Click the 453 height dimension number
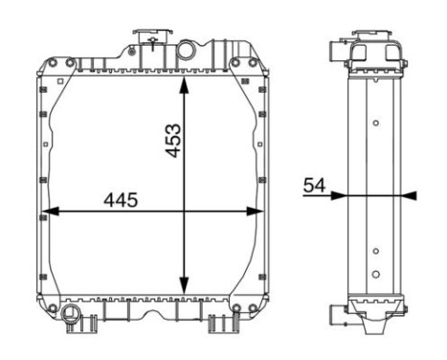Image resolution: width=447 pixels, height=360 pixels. (173, 141)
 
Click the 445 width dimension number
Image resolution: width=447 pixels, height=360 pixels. (121, 200)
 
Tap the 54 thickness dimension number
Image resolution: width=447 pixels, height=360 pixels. (314, 186)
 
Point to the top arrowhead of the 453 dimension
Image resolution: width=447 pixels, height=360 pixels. (184, 84)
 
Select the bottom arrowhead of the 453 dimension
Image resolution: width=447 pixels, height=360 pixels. (184, 285)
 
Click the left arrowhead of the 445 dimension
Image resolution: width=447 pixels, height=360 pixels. (51, 211)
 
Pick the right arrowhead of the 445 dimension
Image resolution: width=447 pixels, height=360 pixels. (255, 211)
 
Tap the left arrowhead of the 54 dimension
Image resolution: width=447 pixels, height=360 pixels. (339, 195)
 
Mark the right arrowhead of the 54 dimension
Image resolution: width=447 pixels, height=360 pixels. (410, 195)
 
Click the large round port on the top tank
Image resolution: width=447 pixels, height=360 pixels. (186, 50)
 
